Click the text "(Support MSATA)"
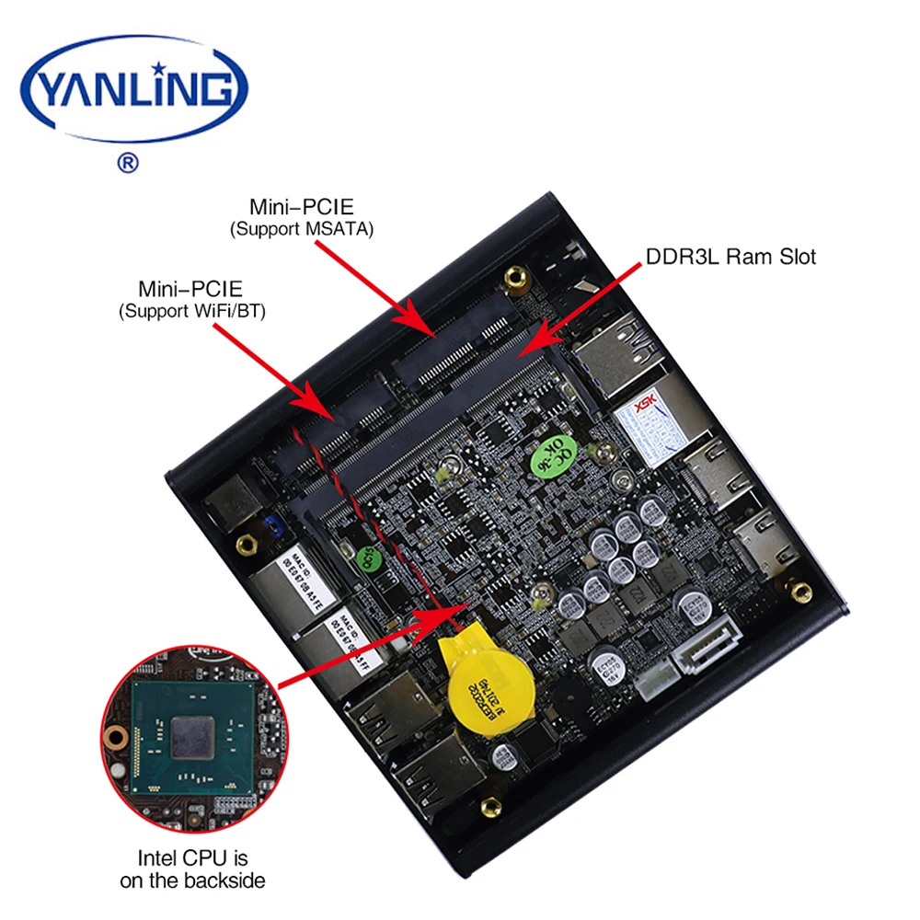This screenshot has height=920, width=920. (301, 229)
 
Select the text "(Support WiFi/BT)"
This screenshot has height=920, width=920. (191, 313)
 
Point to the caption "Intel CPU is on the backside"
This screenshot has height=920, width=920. (193, 870)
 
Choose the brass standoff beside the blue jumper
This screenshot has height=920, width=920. (246, 545)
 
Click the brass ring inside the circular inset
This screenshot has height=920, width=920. (115, 736)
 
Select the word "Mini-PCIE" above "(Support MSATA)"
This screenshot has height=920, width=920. (301, 206)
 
